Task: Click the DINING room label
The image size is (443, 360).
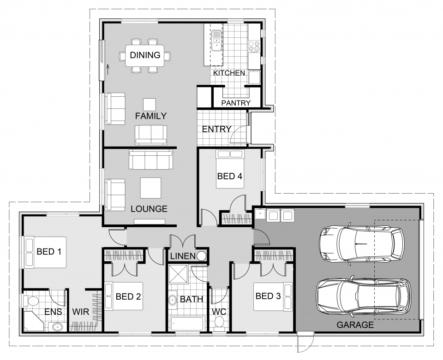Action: [x=145, y=55]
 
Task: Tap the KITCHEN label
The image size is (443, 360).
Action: [x=229, y=73]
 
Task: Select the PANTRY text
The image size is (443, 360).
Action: [x=236, y=103]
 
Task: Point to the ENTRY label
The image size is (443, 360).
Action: [x=216, y=129]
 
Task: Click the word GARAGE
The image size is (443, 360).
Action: [x=355, y=325]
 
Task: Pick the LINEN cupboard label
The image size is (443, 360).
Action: [x=183, y=256]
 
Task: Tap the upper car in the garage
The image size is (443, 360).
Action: [x=362, y=243]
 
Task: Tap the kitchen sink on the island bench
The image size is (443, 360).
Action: [x=216, y=41]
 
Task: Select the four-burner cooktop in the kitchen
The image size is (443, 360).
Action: [x=254, y=46]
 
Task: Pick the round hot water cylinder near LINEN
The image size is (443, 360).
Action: [x=202, y=256]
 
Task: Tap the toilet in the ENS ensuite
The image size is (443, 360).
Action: [x=32, y=301]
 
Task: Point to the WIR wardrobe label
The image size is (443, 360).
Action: [x=80, y=312]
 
